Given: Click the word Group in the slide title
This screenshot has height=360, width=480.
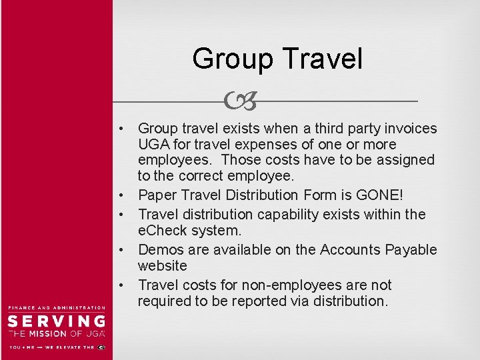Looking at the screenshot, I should tap(232, 59).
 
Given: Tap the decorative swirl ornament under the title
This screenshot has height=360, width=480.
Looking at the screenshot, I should tap(241, 101).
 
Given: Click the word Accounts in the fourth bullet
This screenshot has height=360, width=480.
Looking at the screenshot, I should tap(349, 249).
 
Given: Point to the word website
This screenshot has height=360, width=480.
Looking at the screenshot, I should tap(163, 265).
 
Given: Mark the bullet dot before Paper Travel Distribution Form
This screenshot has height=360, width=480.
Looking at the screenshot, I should tap(123, 196).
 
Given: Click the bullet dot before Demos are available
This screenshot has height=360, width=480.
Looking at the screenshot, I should tap(123, 250).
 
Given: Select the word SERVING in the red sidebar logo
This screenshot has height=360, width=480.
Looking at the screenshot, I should tap(56, 321).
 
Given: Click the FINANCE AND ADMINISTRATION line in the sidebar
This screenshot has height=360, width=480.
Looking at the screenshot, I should tap(56, 307).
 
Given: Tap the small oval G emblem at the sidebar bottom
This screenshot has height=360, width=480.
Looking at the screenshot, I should tap(101, 347).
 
